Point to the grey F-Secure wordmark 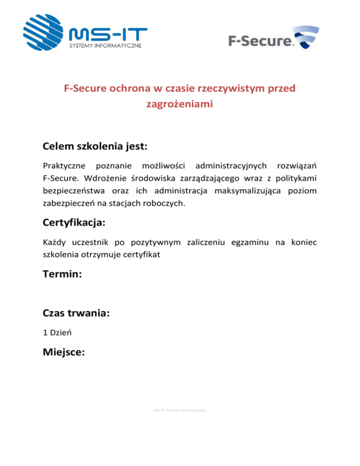pos(259,41)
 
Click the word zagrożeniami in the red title pos(180,105)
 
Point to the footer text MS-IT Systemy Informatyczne pos(180,410)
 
